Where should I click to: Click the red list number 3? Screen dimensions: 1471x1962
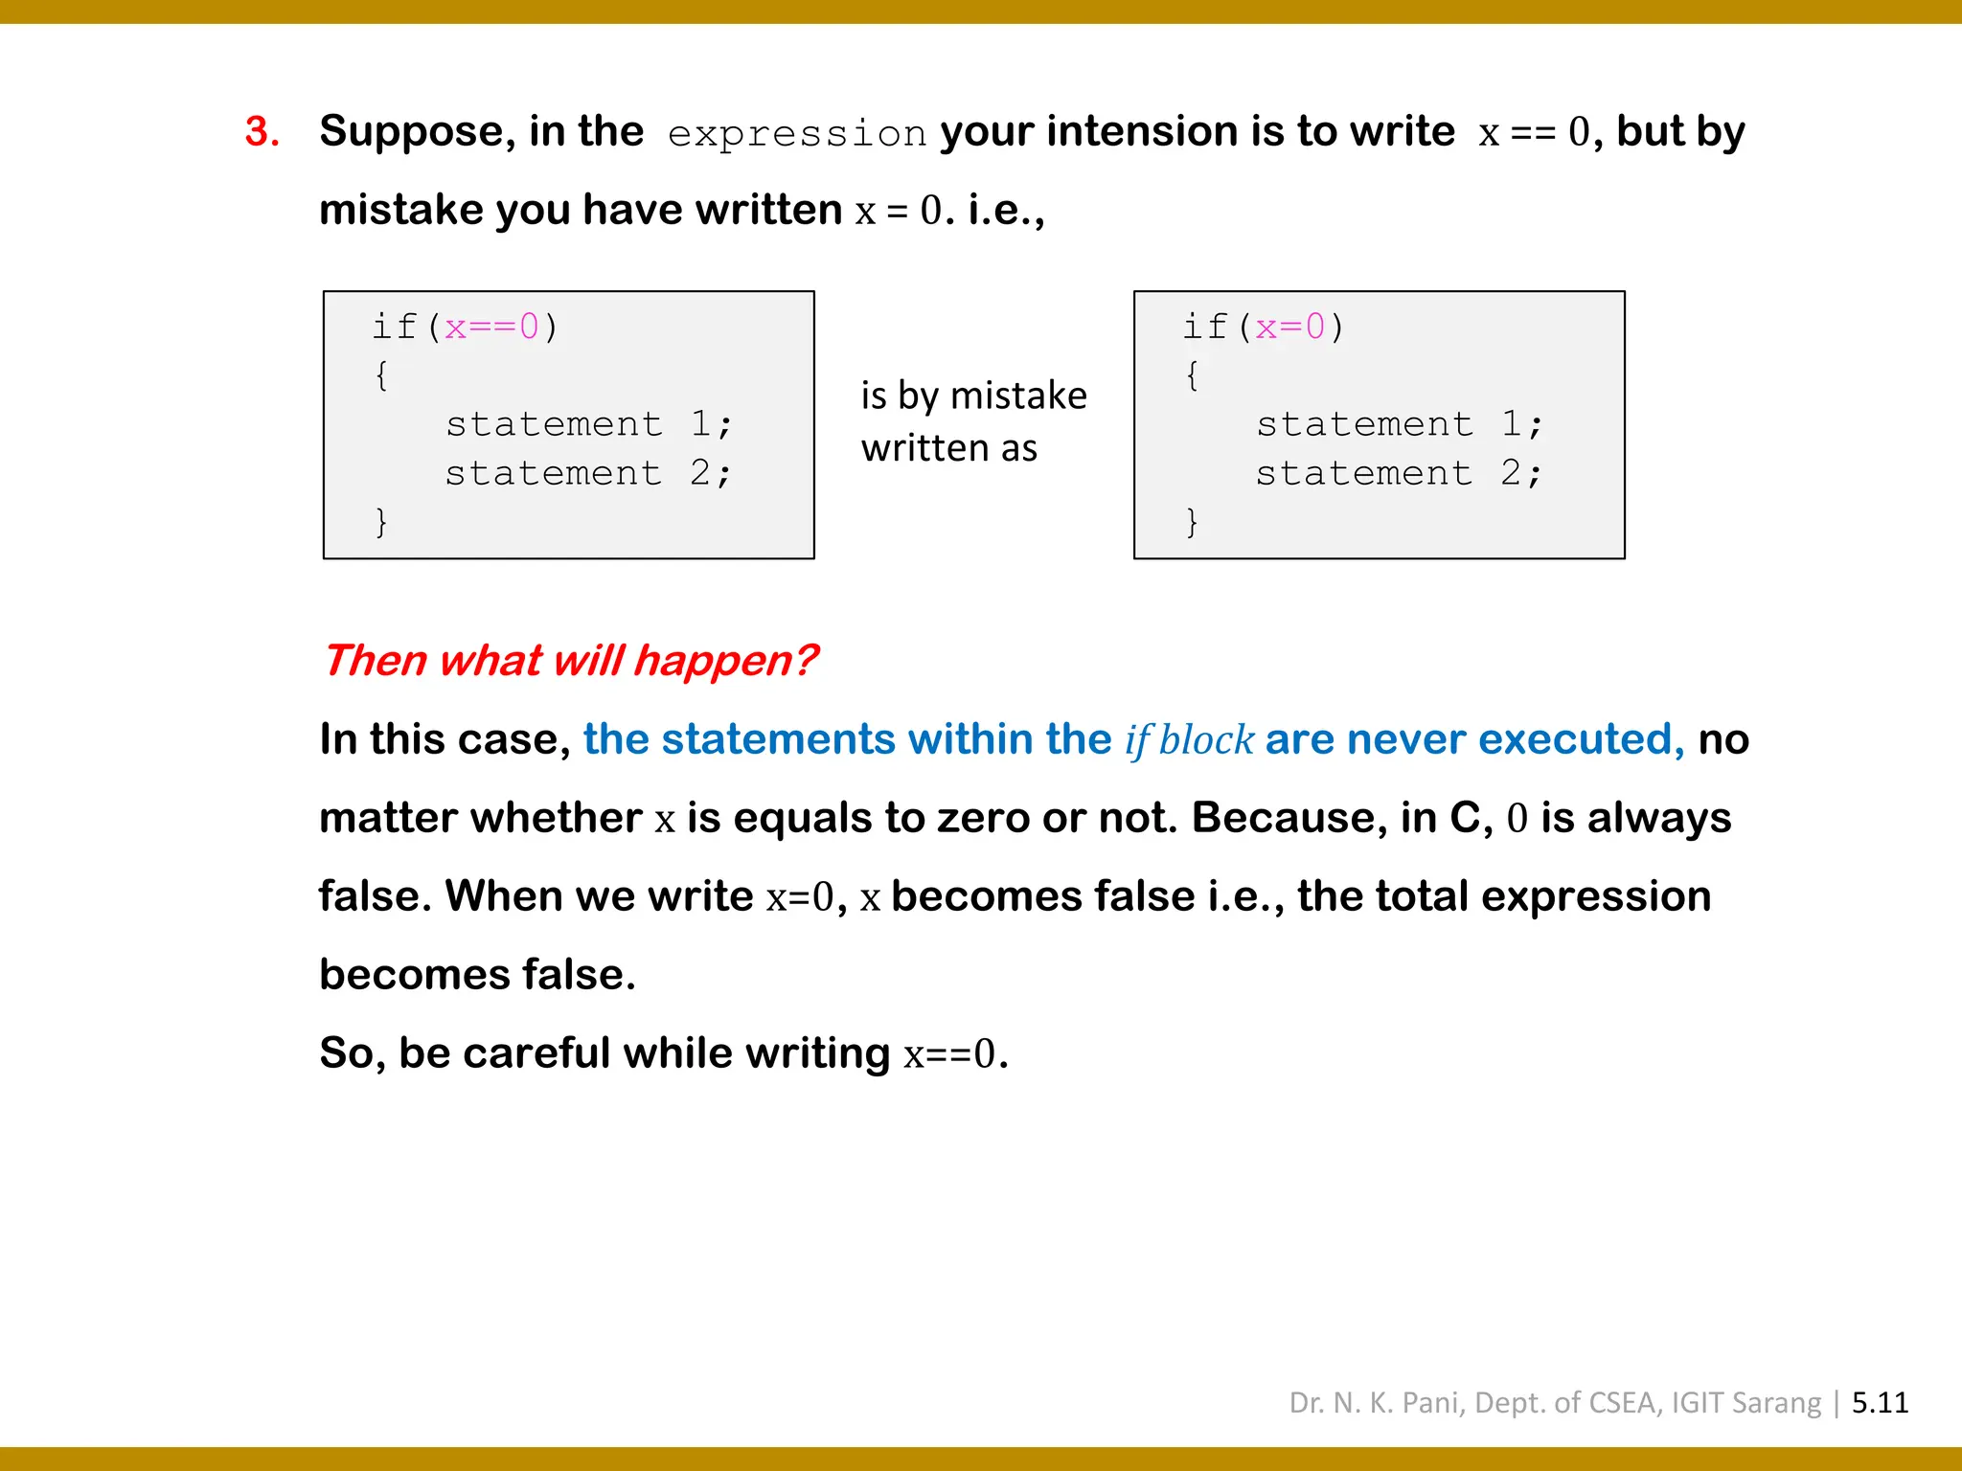(x=261, y=132)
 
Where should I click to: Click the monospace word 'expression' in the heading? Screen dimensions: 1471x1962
(x=797, y=134)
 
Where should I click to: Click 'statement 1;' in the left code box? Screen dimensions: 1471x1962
(x=588, y=424)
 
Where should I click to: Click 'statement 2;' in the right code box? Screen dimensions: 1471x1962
(x=1399, y=473)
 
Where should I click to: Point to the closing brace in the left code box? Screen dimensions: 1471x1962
(x=381, y=522)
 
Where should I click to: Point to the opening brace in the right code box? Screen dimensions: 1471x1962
(x=1192, y=375)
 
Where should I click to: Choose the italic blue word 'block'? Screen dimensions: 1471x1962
(x=1206, y=740)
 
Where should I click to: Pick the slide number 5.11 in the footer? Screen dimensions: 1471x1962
(x=1880, y=1403)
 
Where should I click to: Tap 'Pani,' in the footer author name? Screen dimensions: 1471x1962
(x=1433, y=1403)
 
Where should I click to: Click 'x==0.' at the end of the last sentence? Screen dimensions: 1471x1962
(x=955, y=1054)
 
